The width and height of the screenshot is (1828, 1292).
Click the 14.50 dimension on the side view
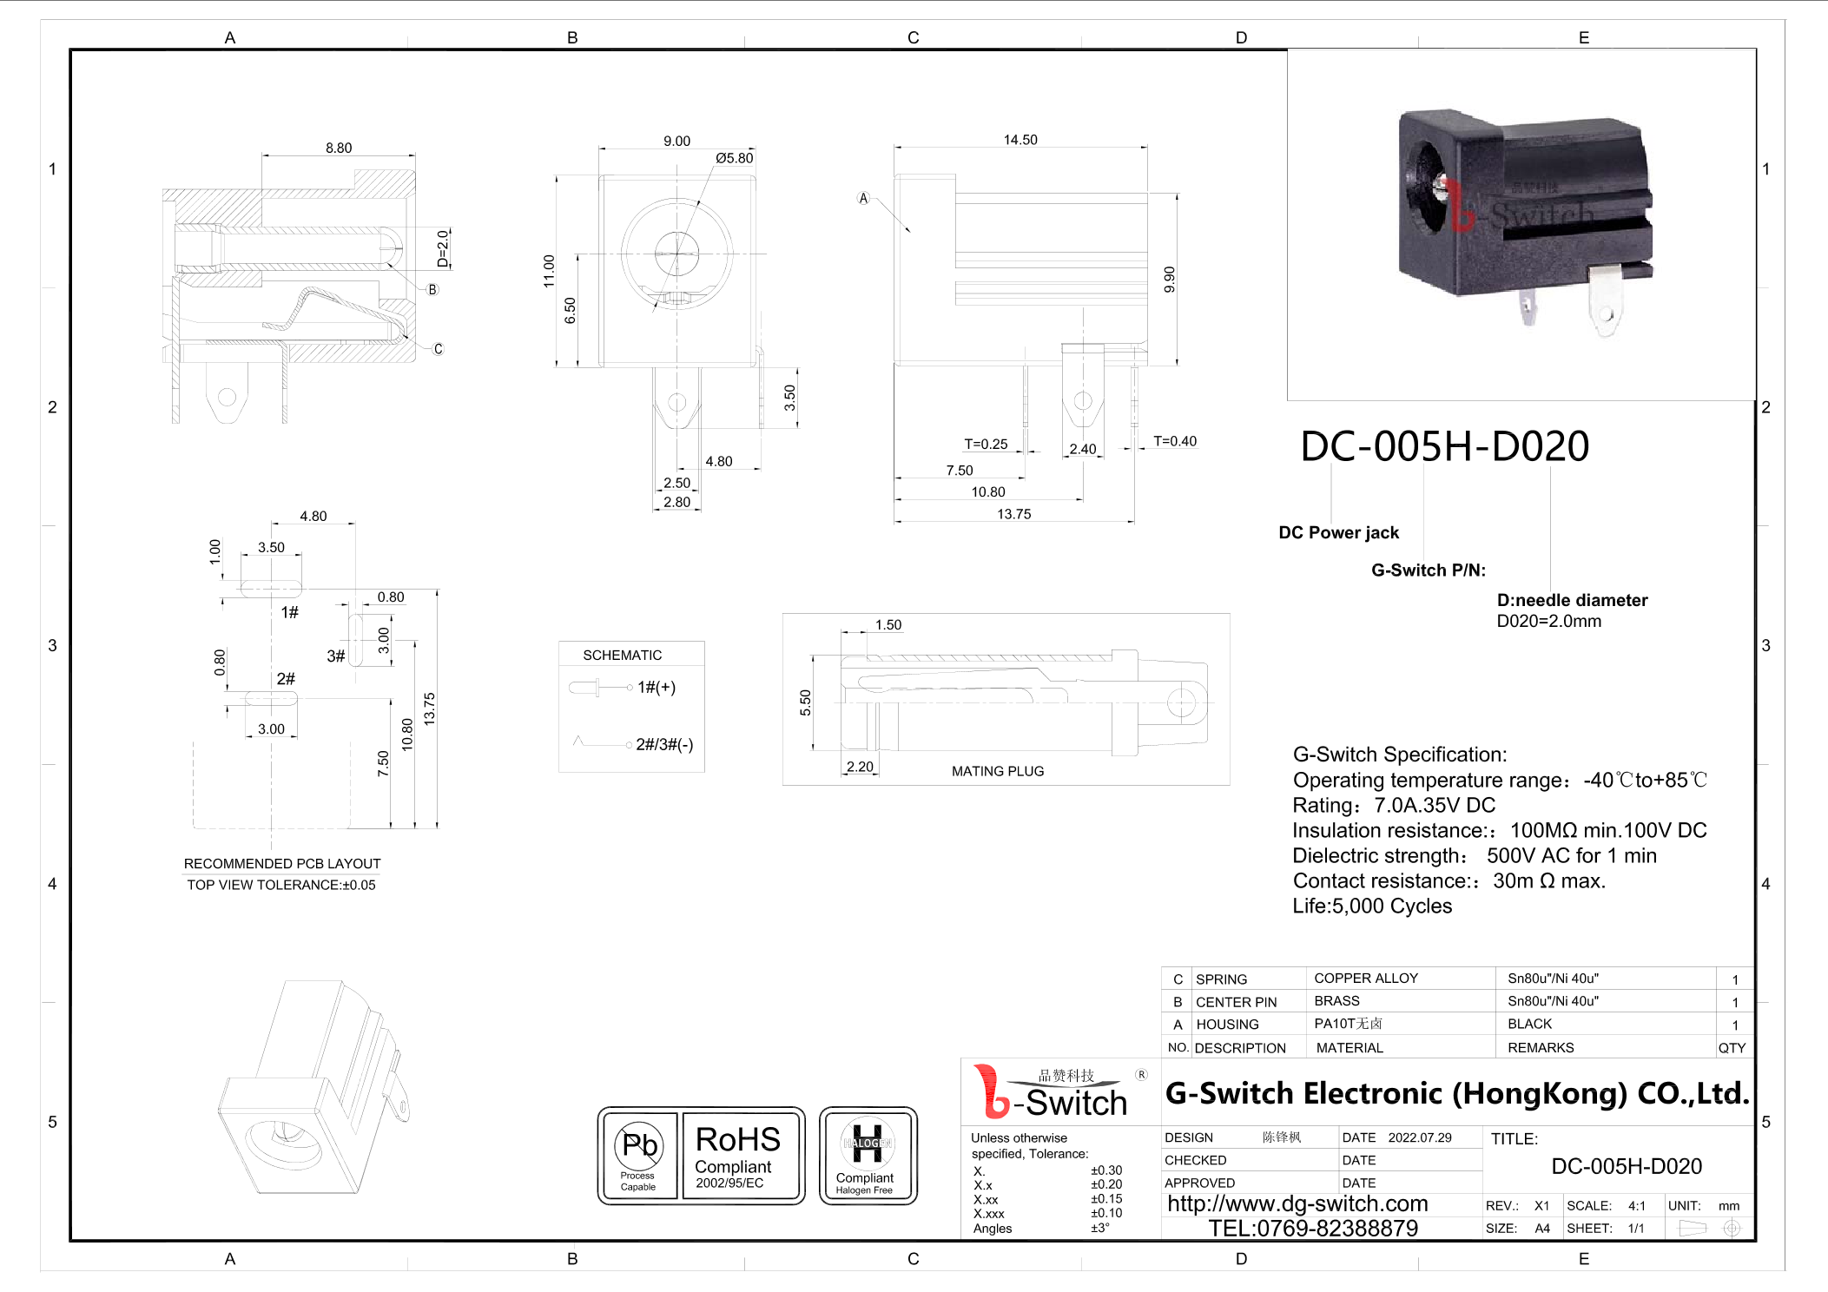(1020, 140)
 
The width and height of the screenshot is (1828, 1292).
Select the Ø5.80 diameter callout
(734, 158)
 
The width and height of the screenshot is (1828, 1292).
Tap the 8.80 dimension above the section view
(339, 148)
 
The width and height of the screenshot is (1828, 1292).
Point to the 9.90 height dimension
(1169, 279)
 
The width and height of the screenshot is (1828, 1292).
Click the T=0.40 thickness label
(1174, 441)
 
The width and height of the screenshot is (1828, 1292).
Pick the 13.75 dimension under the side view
(1013, 514)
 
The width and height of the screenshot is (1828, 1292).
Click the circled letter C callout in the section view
(438, 349)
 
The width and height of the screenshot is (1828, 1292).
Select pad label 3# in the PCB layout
(335, 656)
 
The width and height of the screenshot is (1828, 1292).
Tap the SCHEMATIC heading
(622, 655)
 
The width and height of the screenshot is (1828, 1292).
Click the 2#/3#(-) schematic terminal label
(663, 744)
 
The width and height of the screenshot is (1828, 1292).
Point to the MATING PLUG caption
(997, 771)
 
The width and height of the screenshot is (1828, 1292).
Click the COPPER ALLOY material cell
(1365, 979)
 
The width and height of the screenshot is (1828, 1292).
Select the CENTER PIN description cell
(1236, 1002)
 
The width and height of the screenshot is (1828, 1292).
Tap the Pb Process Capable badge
(638, 1156)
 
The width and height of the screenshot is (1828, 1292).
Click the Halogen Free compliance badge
(867, 1156)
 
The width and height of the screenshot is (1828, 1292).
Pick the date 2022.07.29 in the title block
(1419, 1137)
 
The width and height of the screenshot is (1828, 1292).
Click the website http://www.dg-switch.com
(1297, 1203)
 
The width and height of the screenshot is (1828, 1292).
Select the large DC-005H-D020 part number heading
(1443, 446)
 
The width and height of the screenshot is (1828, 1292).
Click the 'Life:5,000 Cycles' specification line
(1371, 906)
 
